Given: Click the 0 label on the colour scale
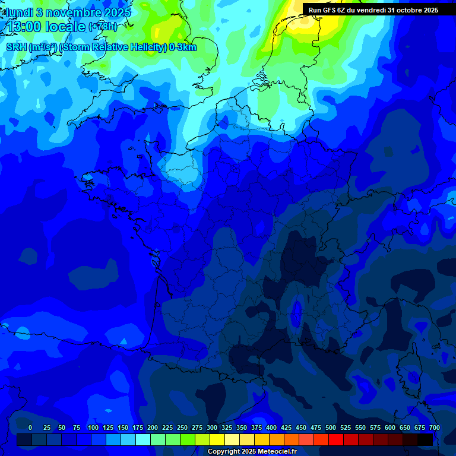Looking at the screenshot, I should point(30,427).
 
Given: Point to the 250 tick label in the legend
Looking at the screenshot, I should point(182,427).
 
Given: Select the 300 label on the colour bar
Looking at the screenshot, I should point(212,427).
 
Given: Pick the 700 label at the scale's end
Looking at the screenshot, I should point(434,427).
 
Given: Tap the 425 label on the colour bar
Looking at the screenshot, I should point(286,427).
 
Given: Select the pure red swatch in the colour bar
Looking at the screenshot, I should point(336,439).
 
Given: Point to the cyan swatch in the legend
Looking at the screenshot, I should point(143,439).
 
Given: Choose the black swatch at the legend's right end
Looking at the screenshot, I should point(425,439).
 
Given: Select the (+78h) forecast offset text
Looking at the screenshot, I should point(103,27).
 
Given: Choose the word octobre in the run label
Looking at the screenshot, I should point(408,10).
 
